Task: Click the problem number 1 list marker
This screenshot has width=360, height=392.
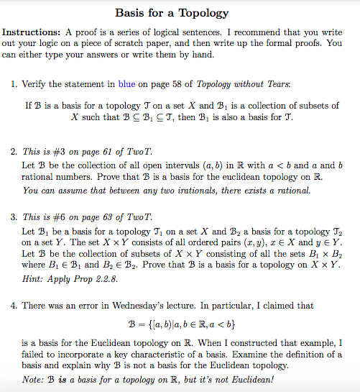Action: pyautogui.click(x=14, y=86)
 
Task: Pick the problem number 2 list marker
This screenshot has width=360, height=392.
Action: pyautogui.click(x=14, y=152)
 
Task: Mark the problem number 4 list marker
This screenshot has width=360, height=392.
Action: pyautogui.click(x=14, y=306)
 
